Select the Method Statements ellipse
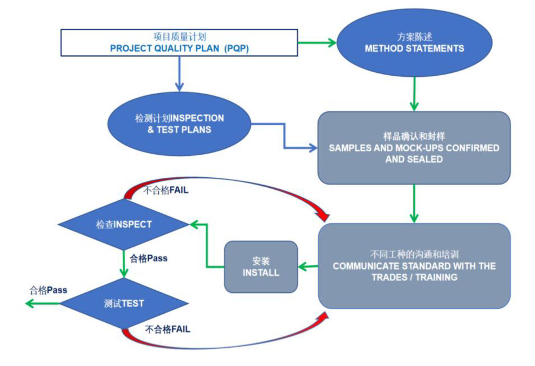414,43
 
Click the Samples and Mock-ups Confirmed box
414,148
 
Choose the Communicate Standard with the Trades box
414,266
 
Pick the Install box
261,267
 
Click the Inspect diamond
123,224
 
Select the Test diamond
123,303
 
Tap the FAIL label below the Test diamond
167,329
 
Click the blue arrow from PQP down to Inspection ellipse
179,73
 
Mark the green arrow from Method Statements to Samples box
414,94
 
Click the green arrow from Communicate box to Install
308,267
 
